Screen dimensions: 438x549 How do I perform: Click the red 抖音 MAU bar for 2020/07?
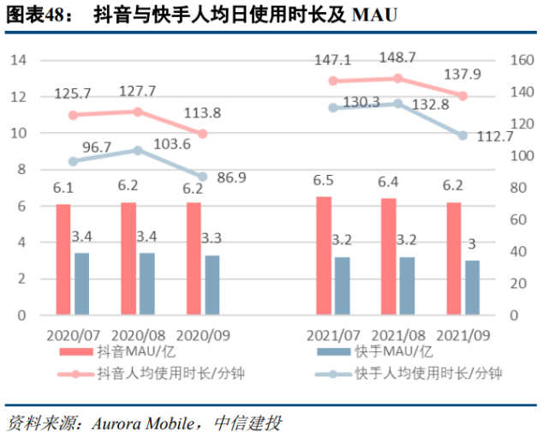[x=63, y=259]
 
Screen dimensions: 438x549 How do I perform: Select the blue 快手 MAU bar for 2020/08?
[x=147, y=284]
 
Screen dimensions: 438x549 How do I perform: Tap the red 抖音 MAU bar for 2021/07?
[x=324, y=255]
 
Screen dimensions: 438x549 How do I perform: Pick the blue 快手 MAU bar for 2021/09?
[x=472, y=287]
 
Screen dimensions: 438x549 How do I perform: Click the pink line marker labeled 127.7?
[x=138, y=111]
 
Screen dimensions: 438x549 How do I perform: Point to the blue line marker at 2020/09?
[x=203, y=177]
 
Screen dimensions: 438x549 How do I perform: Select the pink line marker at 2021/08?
[x=397, y=78]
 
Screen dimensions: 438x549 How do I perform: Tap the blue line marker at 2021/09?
[x=462, y=135]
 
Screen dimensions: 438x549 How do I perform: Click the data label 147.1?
[x=332, y=60]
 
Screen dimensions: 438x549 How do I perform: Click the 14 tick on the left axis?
[x=20, y=60]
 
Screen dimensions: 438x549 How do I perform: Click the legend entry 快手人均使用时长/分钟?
[x=429, y=373]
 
